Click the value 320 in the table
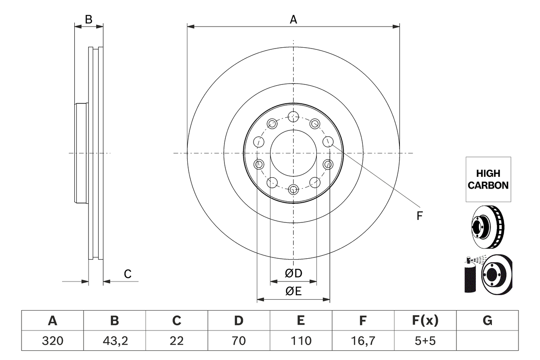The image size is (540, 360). click(52, 341)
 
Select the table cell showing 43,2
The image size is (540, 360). click(114, 341)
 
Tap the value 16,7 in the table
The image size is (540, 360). click(363, 341)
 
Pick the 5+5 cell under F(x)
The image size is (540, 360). click(425, 341)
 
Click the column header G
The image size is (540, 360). click(487, 321)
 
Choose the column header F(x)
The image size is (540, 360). click(425, 321)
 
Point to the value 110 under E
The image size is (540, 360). click(301, 341)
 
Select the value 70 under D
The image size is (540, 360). click(239, 341)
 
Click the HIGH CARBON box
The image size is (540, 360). click(488, 179)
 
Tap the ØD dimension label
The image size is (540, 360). click(294, 273)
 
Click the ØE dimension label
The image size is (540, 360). click(294, 291)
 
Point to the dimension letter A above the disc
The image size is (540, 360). click(293, 19)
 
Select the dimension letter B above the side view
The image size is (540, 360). click(88, 19)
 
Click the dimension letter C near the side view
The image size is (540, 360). click(127, 274)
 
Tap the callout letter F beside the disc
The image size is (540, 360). click(419, 216)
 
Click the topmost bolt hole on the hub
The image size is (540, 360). click(293, 116)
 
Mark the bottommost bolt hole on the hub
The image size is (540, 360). click(293, 189)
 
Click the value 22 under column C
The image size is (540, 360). click(176, 341)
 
